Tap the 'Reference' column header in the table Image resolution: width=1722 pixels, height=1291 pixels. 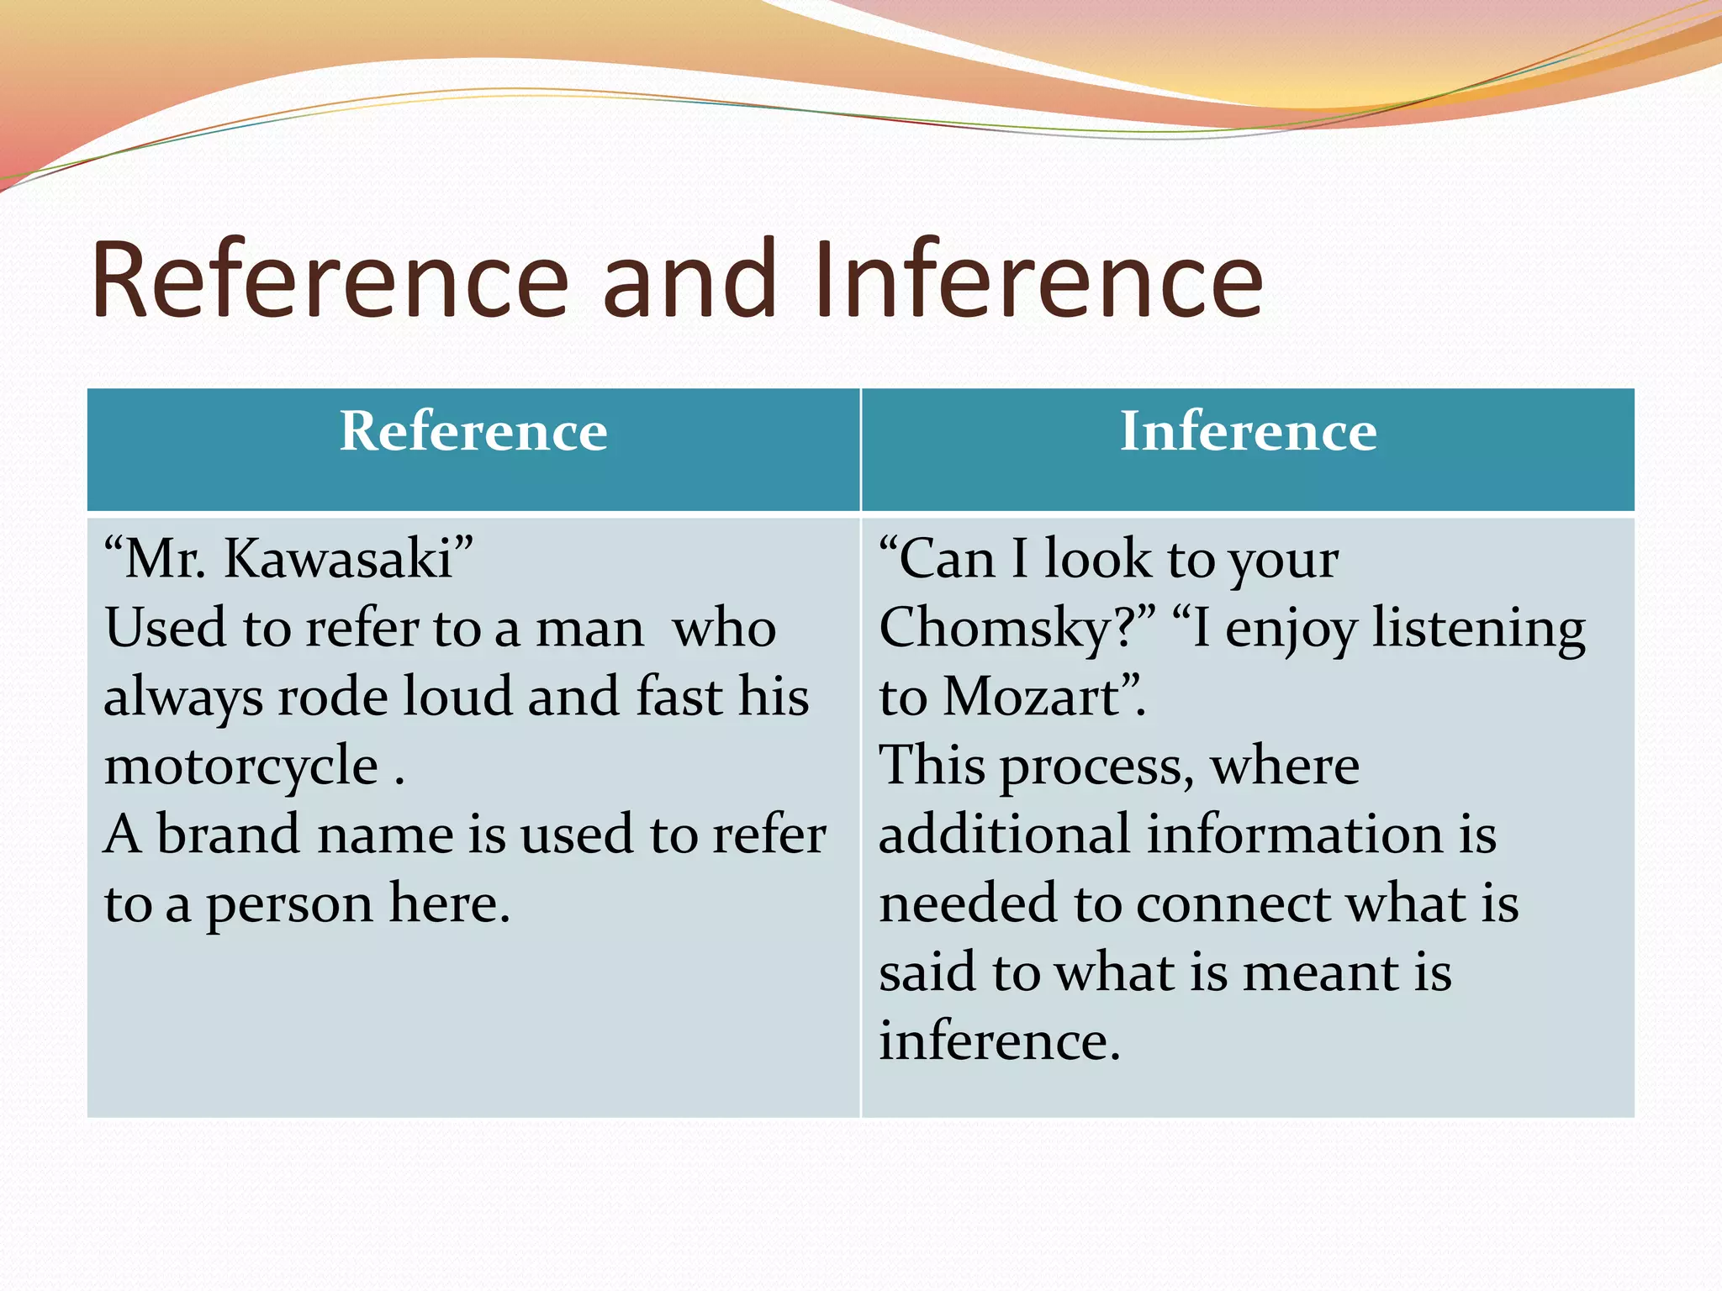click(x=473, y=432)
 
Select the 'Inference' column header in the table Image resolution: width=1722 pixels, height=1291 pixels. click(x=1248, y=432)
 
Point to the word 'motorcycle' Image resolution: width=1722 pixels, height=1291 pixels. click(x=241, y=767)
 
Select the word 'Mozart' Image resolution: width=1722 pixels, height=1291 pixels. click(x=1032, y=698)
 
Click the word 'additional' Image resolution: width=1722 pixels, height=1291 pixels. click(x=1004, y=835)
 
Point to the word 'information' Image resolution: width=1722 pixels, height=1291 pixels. click(x=1295, y=835)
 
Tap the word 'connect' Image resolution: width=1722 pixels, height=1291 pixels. click(x=1233, y=904)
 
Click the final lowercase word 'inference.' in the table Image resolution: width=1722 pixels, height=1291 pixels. click(x=999, y=1041)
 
